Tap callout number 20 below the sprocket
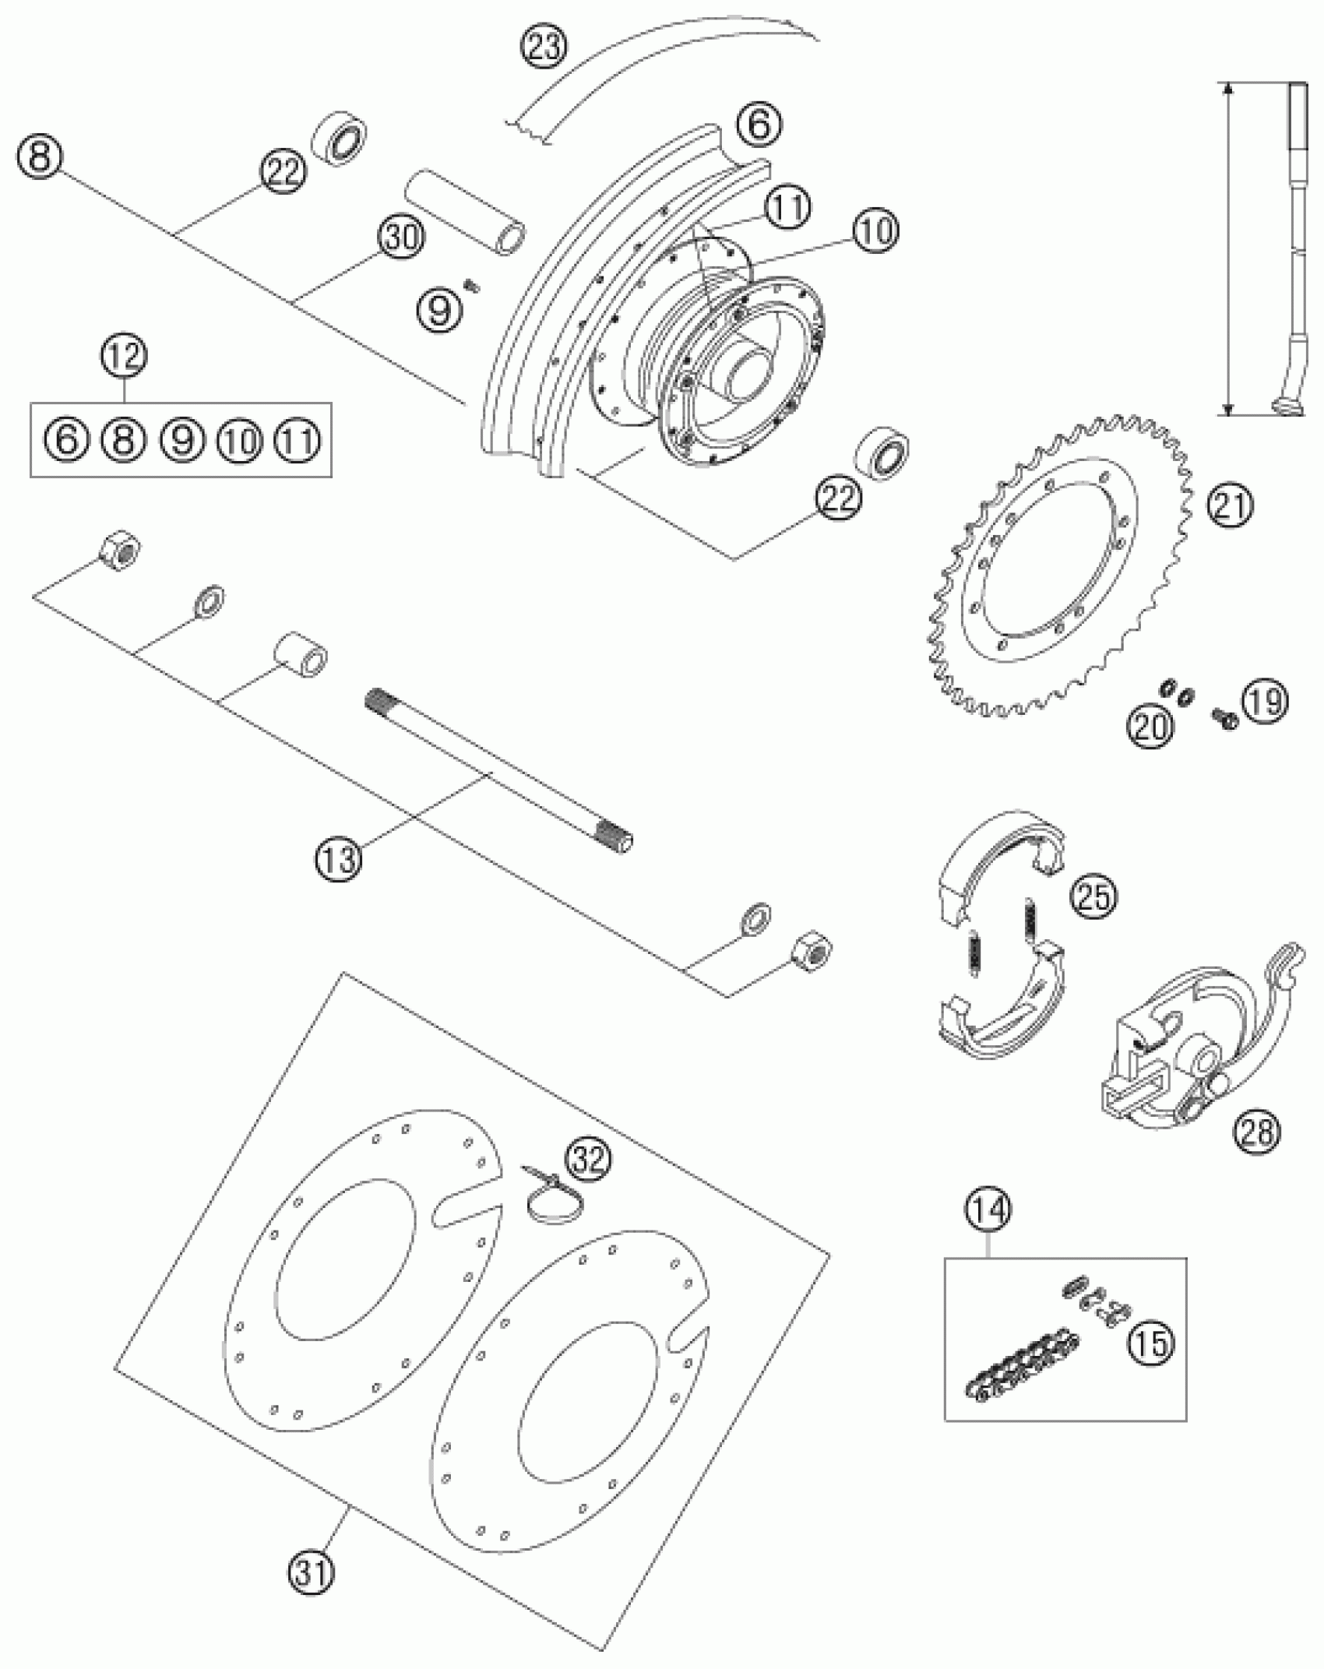point(1150,726)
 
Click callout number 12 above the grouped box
point(125,357)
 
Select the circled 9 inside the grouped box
point(181,440)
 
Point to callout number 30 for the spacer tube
point(402,237)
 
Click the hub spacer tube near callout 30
point(464,211)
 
